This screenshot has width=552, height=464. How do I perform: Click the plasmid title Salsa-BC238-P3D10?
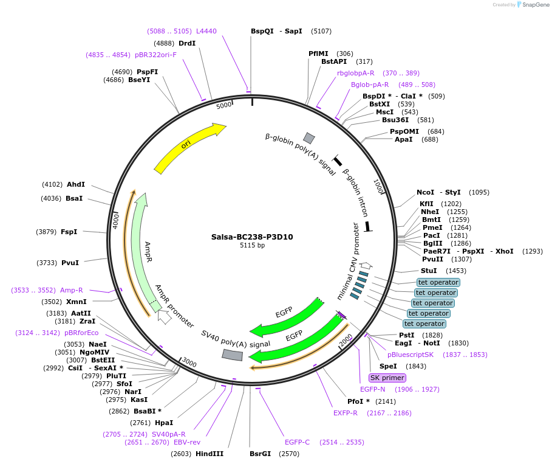(x=252, y=237)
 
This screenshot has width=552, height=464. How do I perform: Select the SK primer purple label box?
(x=387, y=378)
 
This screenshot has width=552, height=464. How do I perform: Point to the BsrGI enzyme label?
(x=261, y=454)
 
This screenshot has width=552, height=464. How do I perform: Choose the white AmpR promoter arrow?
(x=164, y=316)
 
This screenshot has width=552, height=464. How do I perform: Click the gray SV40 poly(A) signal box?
(x=232, y=355)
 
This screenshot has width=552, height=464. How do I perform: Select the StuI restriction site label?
(x=429, y=271)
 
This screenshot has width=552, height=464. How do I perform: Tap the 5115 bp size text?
(x=252, y=246)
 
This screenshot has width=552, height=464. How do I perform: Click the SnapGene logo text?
(x=534, y=4)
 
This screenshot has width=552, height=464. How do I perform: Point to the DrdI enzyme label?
(x=187, y=43)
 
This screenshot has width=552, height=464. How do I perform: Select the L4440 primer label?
(x=206, y=31)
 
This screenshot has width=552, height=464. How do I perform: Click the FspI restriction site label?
(x=69, y=232)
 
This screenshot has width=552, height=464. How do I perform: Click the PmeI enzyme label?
(x=432, y=227)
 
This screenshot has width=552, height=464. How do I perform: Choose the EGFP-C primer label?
(x=297, y=442)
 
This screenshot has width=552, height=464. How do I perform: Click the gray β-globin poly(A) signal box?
(x=309, y=138)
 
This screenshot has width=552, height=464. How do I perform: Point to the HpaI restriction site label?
(x=164, y=423)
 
